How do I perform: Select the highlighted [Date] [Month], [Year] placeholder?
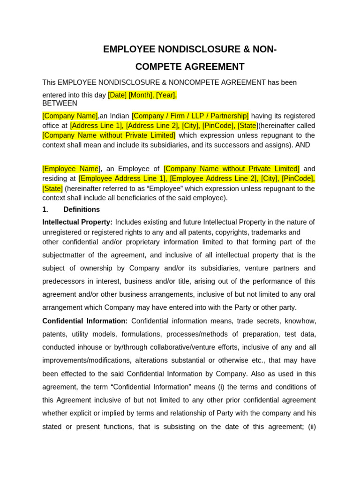click(142, 95)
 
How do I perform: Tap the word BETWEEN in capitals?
click(60, 103)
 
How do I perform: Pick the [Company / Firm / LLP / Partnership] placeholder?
click(190, 116)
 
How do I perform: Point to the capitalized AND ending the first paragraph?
click(303, 145)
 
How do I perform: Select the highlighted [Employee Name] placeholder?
click(71, 169)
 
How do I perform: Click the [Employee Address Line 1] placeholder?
click(122, 179)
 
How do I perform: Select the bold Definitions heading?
click(82, 210)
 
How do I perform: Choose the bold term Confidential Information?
click(85, 321)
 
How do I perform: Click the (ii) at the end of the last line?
click(312, 427)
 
